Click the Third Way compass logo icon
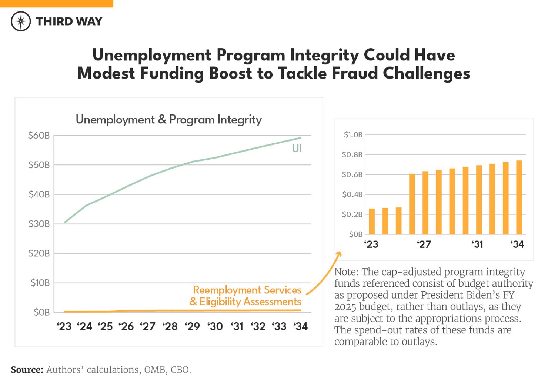(21, 21)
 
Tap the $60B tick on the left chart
(39, 136)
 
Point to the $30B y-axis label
(39, 224)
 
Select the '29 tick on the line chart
(192, 326)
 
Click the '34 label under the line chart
(301, 326)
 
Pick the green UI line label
(297, 149)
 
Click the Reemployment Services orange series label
(247, 290)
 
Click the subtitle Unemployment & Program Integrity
(168, 120)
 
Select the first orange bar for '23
(372, 222)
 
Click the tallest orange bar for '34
(519, 197)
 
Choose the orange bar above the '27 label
(425, 203)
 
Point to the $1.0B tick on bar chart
(353, 135)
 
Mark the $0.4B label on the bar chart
(352, 194)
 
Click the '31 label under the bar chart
(477, 244)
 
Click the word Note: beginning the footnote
(346, 272)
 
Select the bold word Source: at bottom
(27, 370)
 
